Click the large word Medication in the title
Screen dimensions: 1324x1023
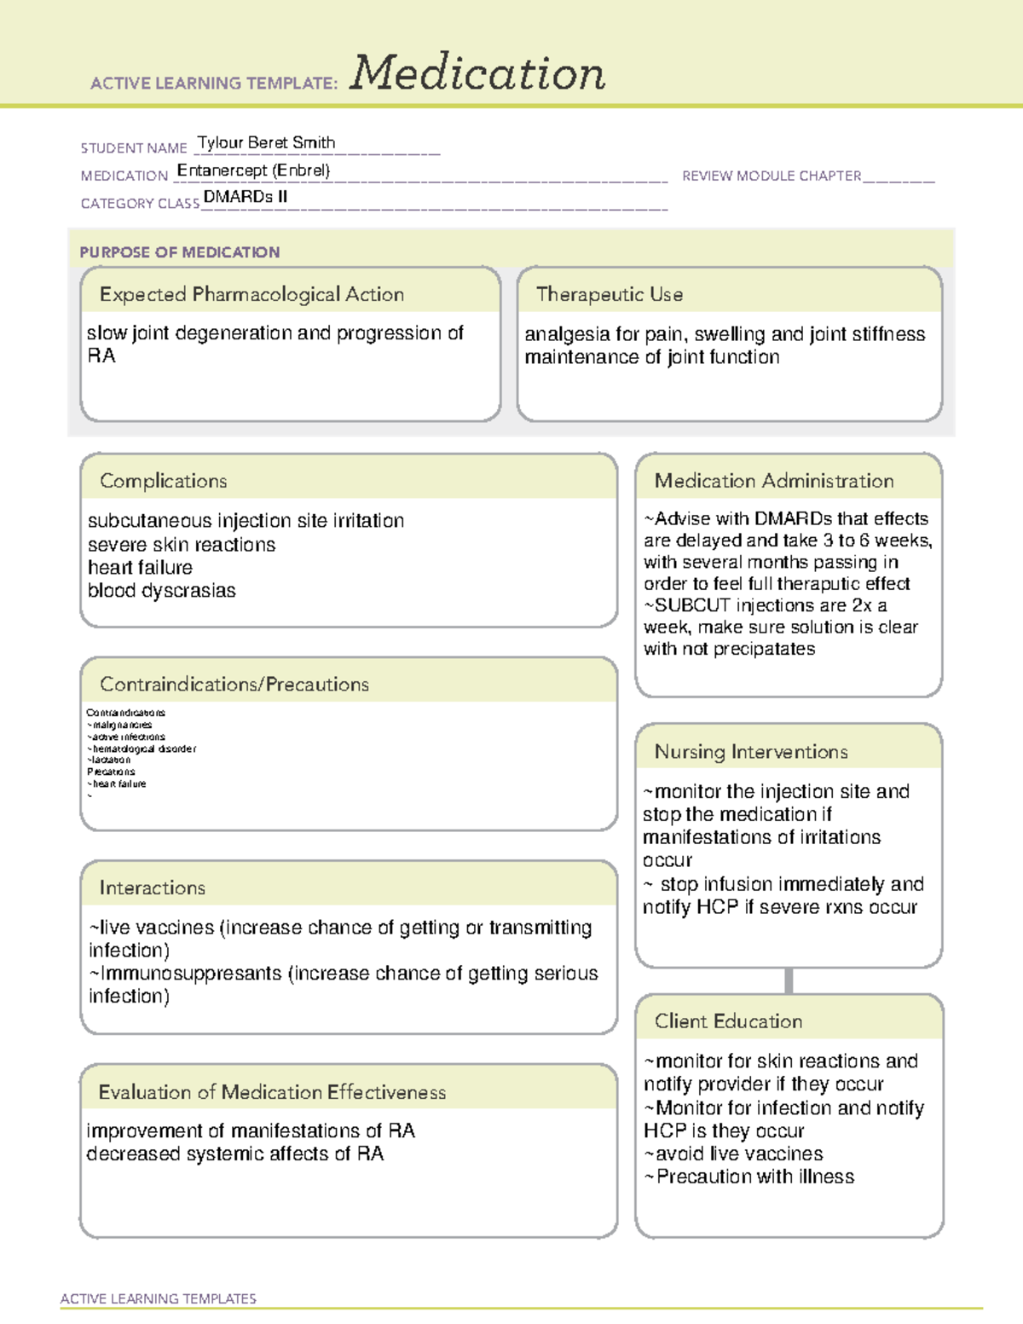tap(477, 73)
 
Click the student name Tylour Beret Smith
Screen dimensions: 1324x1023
tap(266, 142)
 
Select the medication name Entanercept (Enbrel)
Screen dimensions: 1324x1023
tap(253, 171)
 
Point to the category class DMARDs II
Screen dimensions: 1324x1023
tap(246, 197)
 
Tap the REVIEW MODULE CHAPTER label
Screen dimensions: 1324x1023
tap(772, 176)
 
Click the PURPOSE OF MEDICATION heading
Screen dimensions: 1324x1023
tap(180, 252)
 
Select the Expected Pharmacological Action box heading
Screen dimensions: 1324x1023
tap(251, 294)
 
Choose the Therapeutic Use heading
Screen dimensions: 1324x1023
tap(610, 294)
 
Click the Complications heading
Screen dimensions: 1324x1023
tap(164, 481)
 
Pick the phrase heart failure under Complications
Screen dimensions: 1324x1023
tap(140, 568)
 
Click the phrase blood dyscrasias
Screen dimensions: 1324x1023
tap(161, 591)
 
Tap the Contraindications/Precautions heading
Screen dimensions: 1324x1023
tap(234, 684)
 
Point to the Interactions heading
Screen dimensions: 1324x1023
tap(153, 887)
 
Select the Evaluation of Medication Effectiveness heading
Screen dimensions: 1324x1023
tap(272, 1092)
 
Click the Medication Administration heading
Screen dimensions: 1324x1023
tap(774, 481)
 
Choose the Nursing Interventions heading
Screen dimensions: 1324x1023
tap(751, 751)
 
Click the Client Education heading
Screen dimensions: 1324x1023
tap(728, 1021)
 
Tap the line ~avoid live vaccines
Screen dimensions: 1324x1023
tap(734, 1154)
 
